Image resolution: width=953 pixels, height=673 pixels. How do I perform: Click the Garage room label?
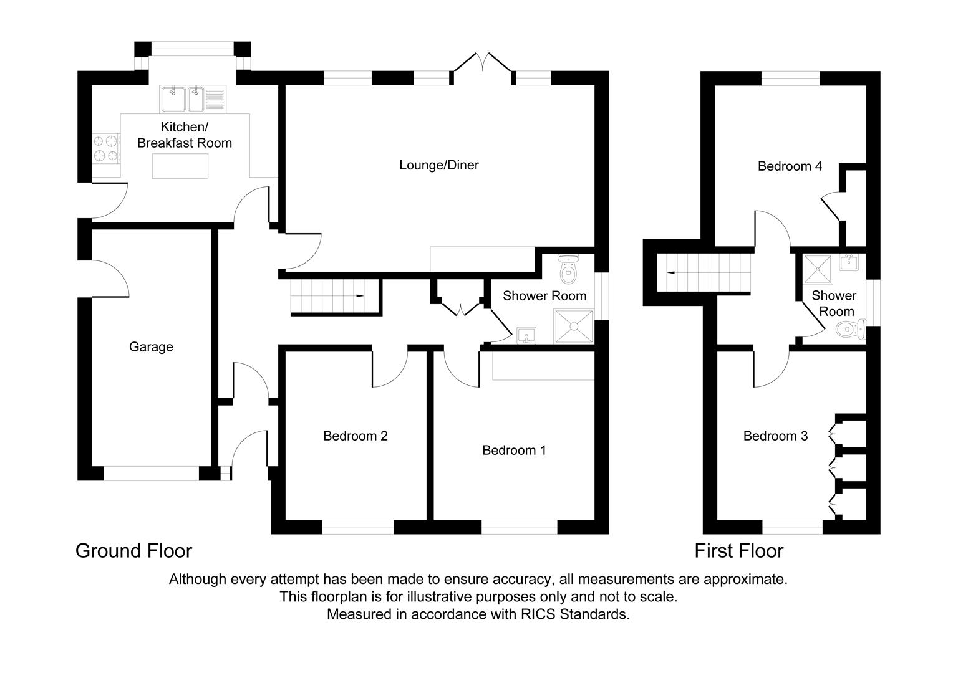click(151, 347)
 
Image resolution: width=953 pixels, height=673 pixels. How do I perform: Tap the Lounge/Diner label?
click(439, 165)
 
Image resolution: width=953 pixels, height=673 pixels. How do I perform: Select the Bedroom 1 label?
click(514, 450)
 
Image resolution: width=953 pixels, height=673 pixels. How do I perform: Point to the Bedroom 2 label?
click(356, 436)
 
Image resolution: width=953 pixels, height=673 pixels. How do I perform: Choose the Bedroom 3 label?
click(775, 436)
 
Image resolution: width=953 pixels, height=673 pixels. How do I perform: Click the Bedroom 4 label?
click(790, 166)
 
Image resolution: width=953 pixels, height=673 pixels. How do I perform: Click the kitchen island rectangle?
click(180, 166)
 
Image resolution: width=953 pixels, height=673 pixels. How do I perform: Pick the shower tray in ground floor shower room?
click(573, 326)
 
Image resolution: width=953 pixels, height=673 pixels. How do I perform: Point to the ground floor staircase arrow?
click(360, 295)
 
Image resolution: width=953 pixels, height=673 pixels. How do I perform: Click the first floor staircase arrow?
click(671, 272)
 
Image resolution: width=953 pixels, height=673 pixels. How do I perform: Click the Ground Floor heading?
click(133, 551)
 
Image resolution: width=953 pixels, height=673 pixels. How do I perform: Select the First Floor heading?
click(738, 551)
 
